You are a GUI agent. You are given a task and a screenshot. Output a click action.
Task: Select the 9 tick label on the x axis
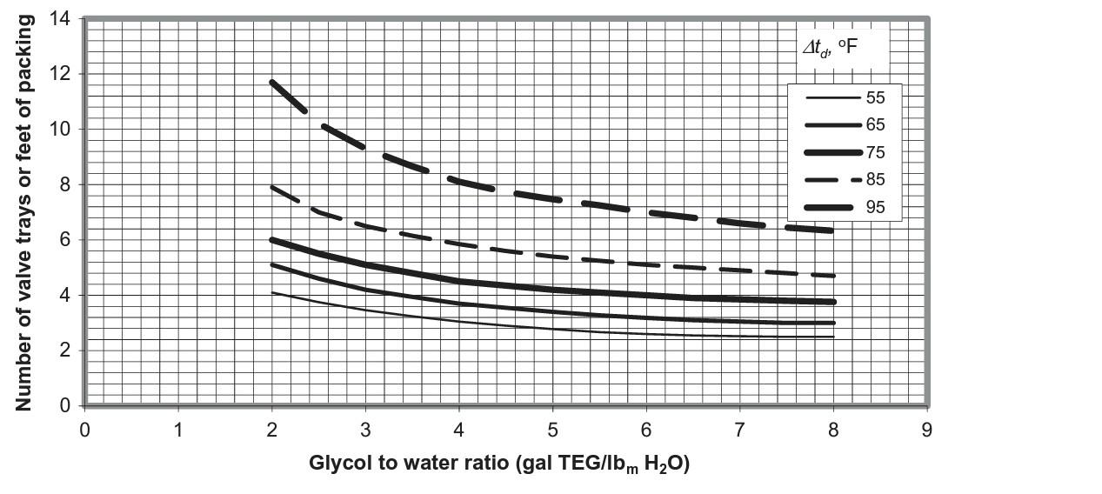click(927, 430)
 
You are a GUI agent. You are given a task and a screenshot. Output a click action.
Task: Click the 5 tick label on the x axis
click(552, 430)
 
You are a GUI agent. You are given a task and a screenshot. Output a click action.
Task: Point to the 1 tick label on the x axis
click(178, 430)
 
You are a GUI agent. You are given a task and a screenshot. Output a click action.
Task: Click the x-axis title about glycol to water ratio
click(499, 464)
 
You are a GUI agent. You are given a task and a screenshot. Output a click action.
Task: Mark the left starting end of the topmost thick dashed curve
click(272, 82)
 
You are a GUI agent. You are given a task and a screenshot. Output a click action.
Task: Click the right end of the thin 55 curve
click(833, 337)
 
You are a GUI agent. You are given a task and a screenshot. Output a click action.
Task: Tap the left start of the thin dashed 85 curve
click(272, 186)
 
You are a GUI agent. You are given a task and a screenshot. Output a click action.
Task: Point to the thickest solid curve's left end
click(272, 239)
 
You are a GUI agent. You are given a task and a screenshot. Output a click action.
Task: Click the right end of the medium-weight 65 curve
click(833, 323)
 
